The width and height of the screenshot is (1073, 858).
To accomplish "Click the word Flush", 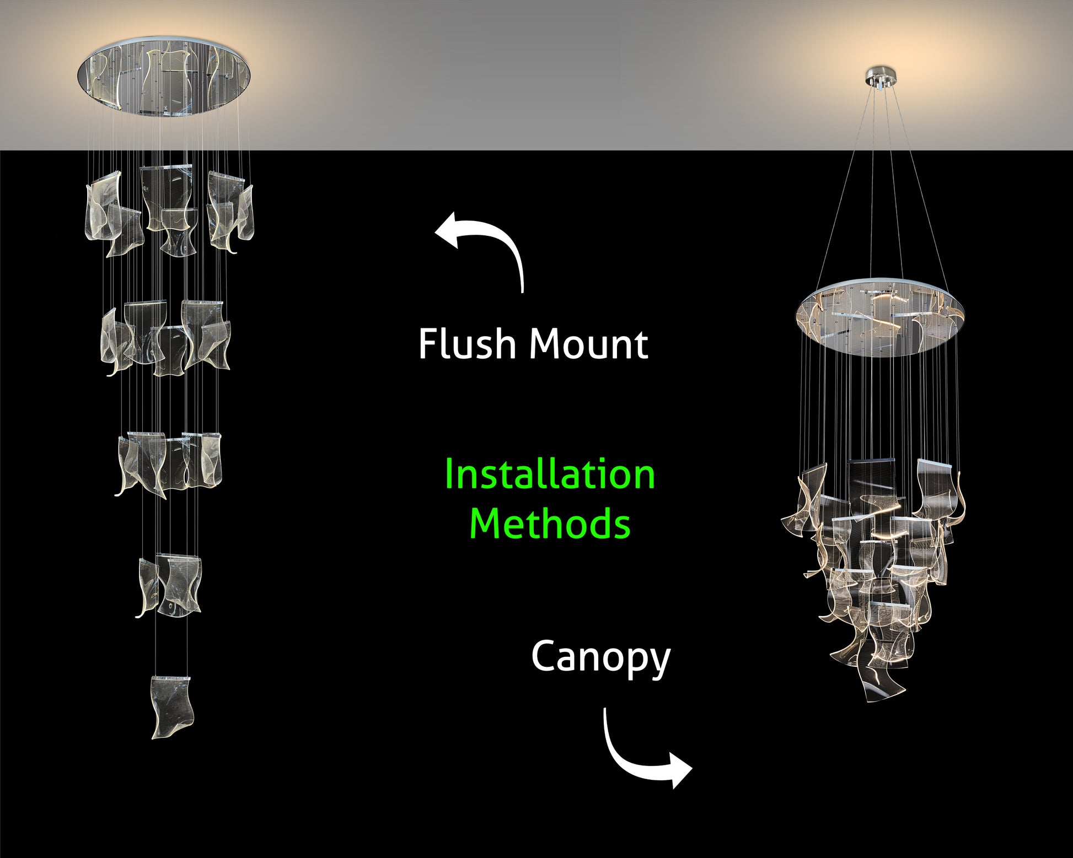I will click(466, 344).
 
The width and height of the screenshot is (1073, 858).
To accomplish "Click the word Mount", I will click(588, 344).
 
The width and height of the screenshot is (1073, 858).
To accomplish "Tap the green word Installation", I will click(549, 474).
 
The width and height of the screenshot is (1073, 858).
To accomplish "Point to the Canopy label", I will click(600, 657).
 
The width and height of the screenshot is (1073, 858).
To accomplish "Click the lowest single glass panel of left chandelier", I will click(172, 707).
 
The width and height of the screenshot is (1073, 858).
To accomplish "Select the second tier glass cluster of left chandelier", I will click(165, 337).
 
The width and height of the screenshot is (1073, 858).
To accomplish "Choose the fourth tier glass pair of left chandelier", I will click(169, 584).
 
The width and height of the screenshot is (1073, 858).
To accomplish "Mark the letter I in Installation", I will click(449, 474).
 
